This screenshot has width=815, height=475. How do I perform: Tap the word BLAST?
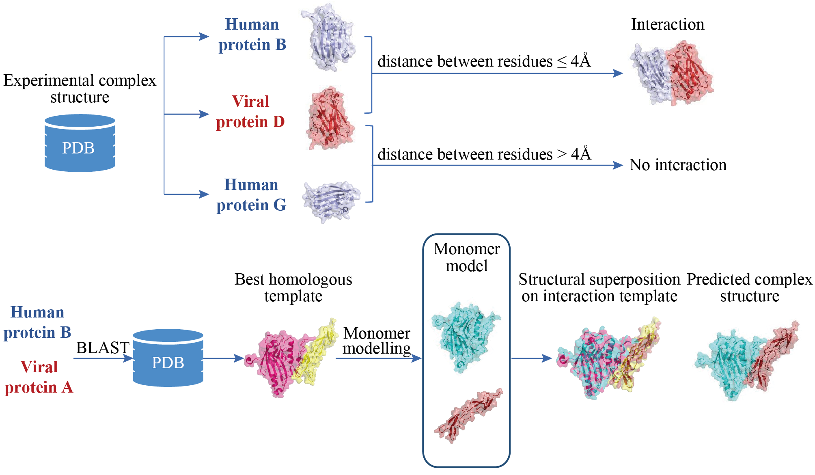coord(102,348)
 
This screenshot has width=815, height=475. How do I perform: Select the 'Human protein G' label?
coord(251,195)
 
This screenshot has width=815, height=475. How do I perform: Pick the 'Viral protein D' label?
coord(250,112)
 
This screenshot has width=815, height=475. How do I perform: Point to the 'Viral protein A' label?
coord(39,377)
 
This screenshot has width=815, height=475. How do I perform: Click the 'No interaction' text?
coord(678,165)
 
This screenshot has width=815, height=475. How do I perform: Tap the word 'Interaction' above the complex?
coord(668,24)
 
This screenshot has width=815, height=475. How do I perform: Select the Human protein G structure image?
coord(331,201)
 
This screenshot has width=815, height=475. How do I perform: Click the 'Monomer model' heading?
coord(466,257)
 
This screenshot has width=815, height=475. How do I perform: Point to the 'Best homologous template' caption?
coord(293,287)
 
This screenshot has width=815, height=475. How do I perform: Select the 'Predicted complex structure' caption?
coord(749,287)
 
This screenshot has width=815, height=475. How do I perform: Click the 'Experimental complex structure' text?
coord(80,89)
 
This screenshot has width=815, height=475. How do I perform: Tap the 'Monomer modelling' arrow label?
coord(377,341)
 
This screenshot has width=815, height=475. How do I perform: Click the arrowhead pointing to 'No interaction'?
coord(618,165)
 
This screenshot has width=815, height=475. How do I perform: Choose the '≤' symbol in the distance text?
coord(562,62)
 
